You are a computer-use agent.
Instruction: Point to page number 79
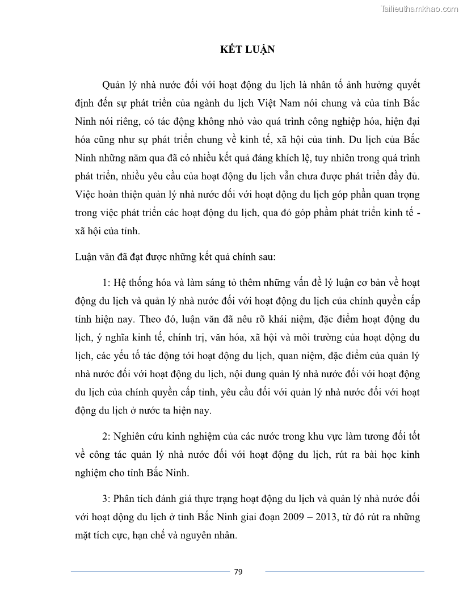pos(238,572)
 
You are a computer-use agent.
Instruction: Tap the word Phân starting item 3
pos(125,499)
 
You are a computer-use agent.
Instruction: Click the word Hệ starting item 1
pos(121,283)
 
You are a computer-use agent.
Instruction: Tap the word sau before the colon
pos(266,257)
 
